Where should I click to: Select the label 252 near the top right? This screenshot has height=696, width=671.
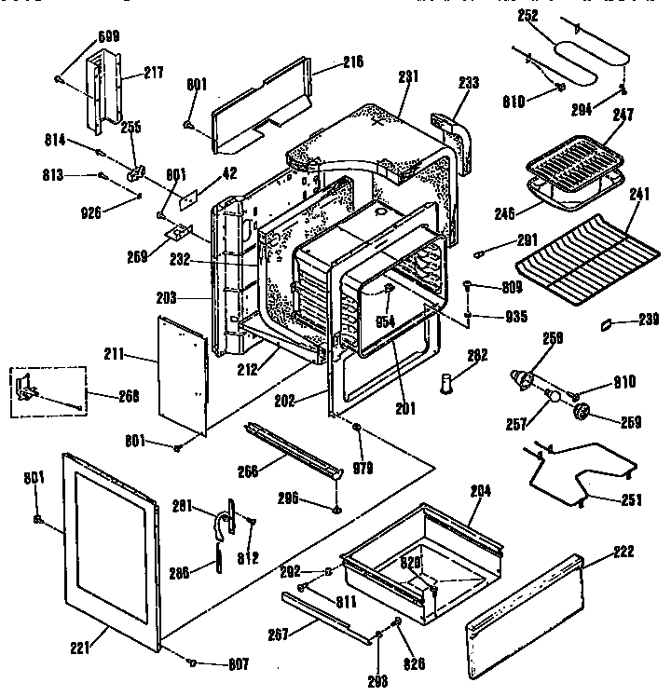pyautogui.click(x=527, y=17)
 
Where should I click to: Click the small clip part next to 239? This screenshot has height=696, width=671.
pyautogui.click(x=609, y=323)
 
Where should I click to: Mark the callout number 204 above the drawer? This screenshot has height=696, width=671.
pyautogui.click(x=482, y=490)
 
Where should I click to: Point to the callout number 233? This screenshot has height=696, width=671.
pyautogui.click(x=469, y=83)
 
